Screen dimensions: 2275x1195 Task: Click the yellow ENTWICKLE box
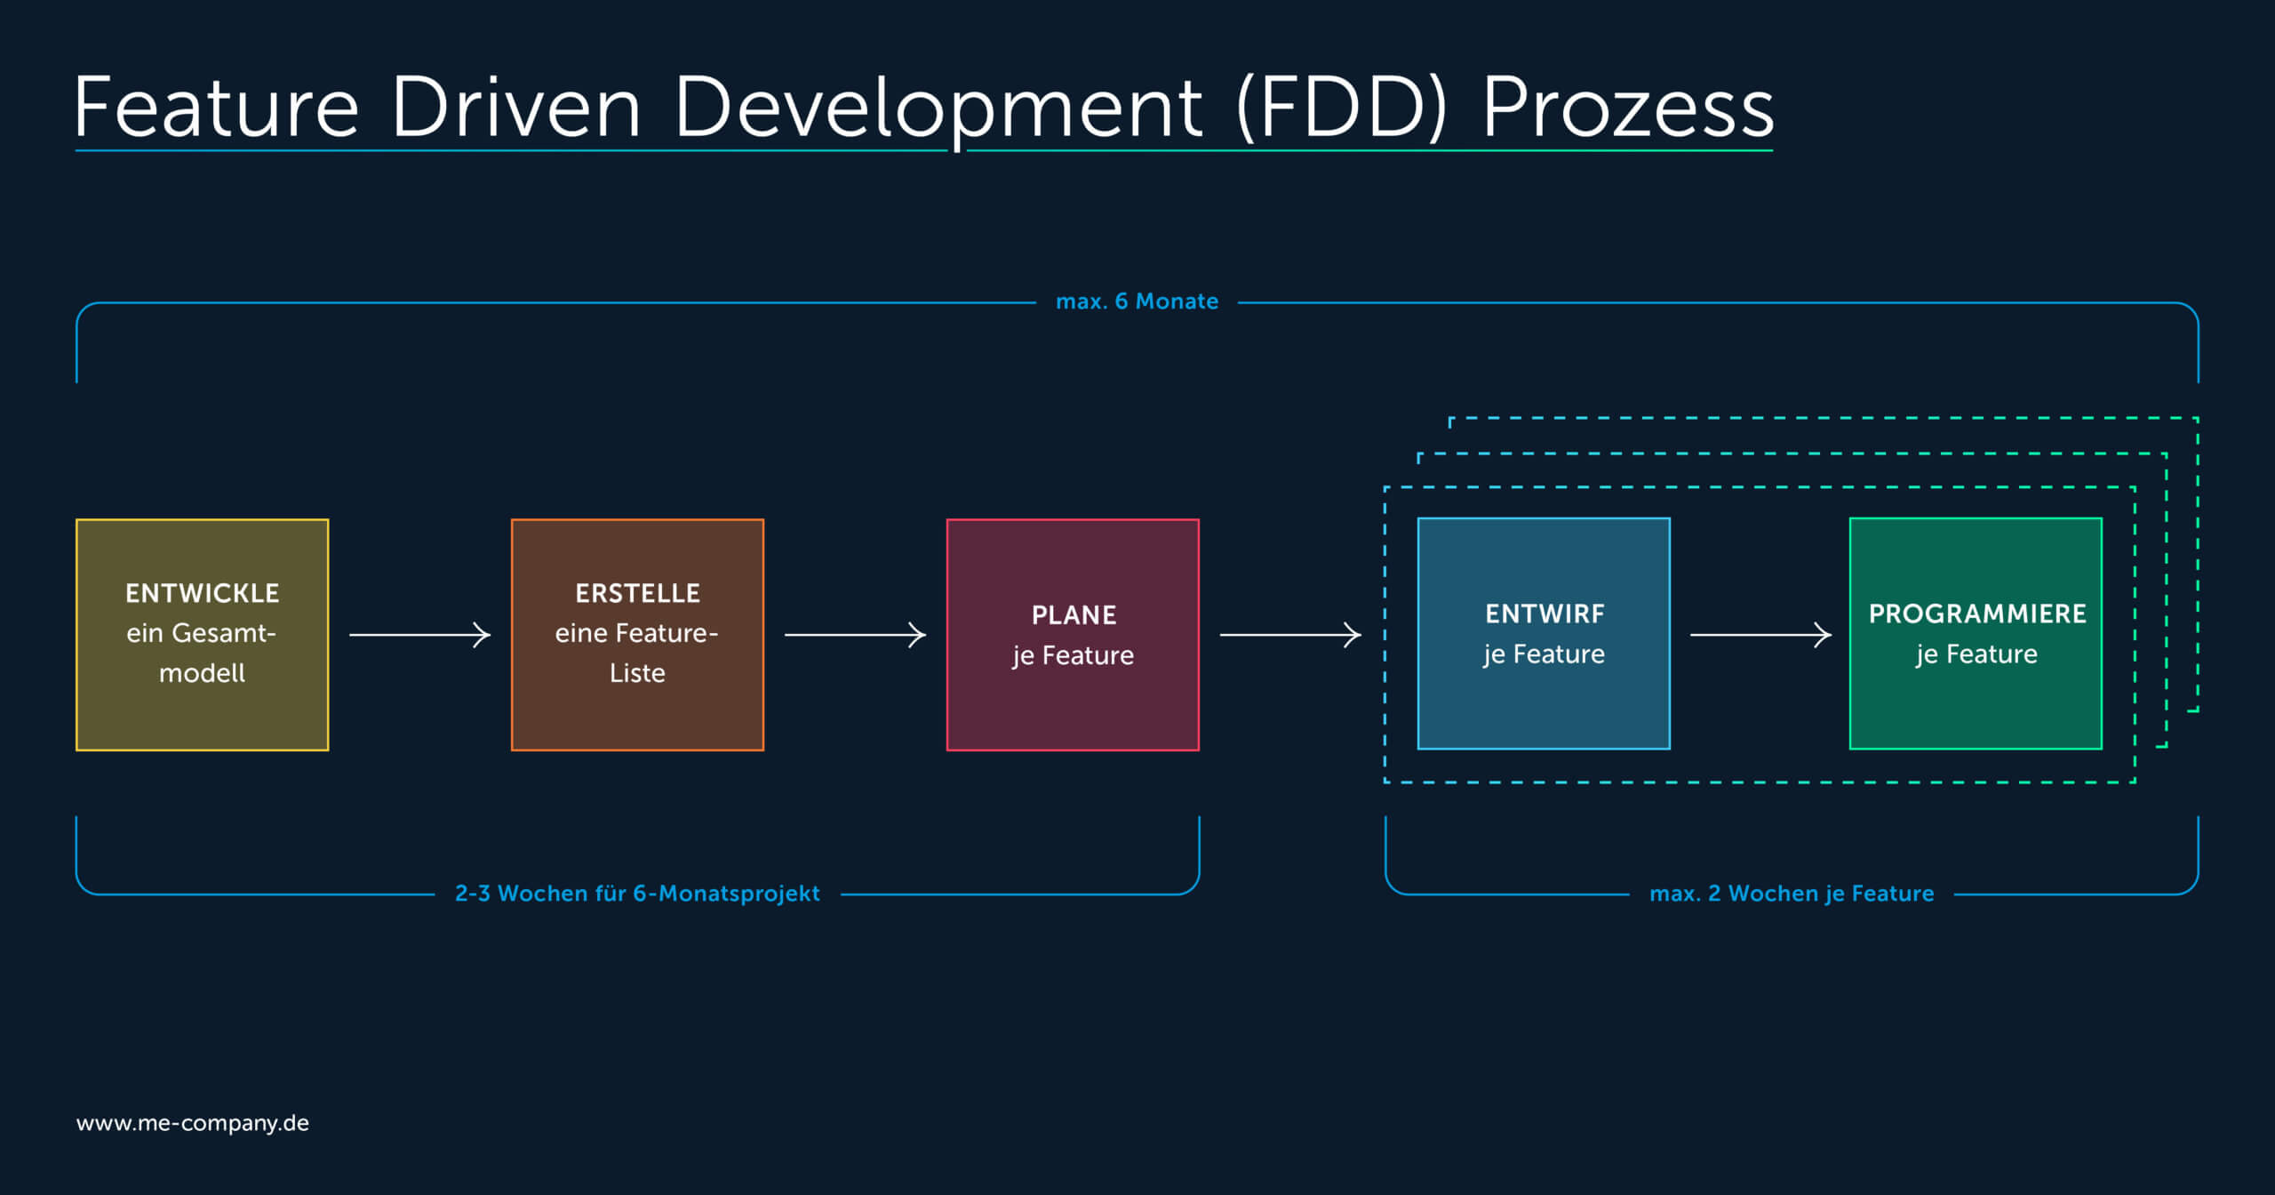click(203, 635)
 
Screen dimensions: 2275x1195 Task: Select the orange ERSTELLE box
click(637, 635)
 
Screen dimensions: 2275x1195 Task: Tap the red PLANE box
click(1073, 635)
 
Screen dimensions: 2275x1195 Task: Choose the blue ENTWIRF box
click(1544, 633)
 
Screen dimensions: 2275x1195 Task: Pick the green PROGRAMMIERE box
click(1976, 633)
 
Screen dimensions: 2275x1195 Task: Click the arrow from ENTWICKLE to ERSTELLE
click(419, 635)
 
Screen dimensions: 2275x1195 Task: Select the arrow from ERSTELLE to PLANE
click(855, 635)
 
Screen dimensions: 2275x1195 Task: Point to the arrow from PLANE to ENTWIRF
click(1290, 635)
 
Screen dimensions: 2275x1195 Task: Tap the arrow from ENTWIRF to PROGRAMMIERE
click(1760, 635)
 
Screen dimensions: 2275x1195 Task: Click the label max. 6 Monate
click(1137, 301)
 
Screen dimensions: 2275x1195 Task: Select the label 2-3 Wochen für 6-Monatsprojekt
click(637, 894)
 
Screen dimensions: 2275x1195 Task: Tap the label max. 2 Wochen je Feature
click(1792, 894)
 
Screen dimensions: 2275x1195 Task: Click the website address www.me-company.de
click(193, 1123)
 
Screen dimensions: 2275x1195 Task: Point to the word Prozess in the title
click(1628, 108)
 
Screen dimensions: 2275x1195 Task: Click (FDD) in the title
click(1342, 108)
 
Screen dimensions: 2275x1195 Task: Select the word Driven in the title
click(515, 107)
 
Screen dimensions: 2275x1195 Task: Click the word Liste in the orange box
click(637, 673)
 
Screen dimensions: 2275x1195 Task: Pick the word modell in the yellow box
click(202, 673)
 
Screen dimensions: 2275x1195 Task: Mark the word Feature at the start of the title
click(217, 107)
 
